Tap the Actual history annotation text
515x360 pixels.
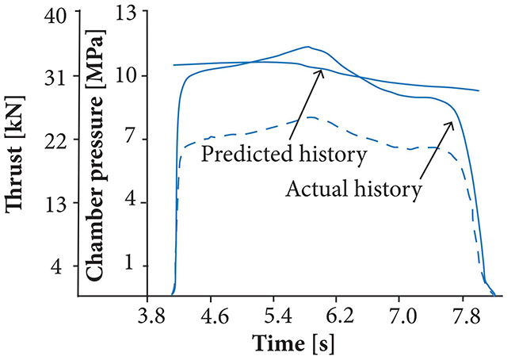352,190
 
